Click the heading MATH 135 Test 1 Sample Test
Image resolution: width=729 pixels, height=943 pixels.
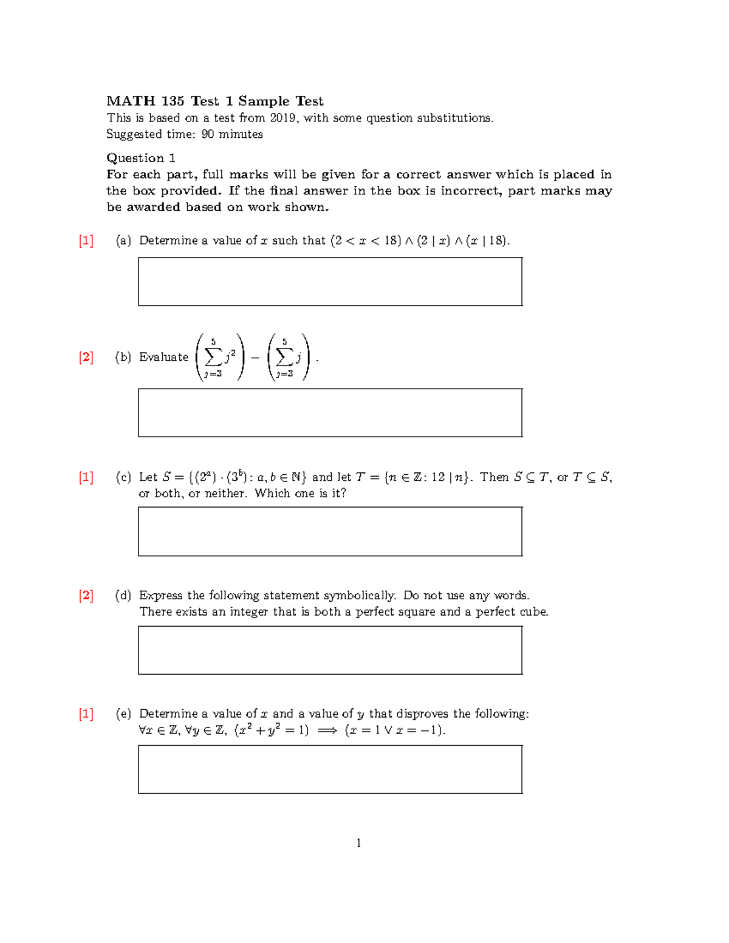214,101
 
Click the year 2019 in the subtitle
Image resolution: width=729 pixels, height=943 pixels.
283,118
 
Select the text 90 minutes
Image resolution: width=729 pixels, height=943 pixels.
232,134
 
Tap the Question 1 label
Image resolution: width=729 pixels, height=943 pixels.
141,158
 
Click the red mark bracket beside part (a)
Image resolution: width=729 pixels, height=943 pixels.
86,240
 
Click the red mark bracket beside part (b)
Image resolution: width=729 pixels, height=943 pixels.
86,357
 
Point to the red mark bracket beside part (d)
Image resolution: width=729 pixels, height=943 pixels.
86,595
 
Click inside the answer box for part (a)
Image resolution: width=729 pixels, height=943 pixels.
330,282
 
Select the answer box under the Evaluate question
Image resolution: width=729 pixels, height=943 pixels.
330,413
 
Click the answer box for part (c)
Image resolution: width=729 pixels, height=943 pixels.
330,531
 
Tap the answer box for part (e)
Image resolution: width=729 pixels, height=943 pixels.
330,769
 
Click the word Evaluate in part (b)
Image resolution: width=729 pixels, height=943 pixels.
163,357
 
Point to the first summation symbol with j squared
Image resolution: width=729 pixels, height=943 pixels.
213,357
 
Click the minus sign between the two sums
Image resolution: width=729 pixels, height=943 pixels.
255,358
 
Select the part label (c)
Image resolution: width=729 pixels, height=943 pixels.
123,477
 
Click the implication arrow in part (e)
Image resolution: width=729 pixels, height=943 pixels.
327,730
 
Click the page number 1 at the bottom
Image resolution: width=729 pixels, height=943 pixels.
358,843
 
